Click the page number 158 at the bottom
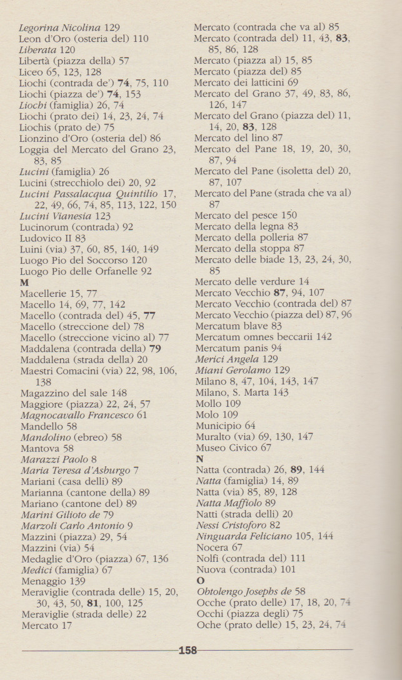pyautogui.click(x=188, y=651)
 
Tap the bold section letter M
pyautogui.click(x=24, y=282)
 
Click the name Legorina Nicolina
pyautogui.click(x=59, y=27)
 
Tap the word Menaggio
pyautogui.click(x=44, y=581)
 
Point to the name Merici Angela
pyautogui.click(x=226, y=359)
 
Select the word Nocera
pyautogui.click(x=213, y=547)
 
